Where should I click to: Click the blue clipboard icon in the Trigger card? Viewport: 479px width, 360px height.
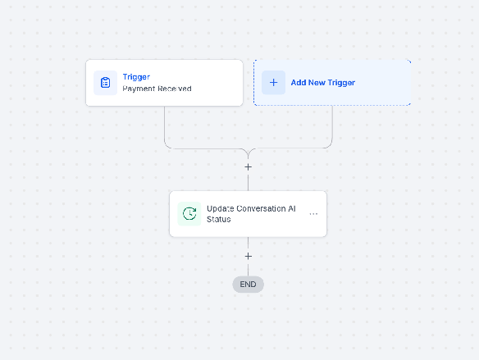pyautogui.click(x=105, y=83)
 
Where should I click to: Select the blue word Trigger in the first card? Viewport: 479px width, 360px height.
pyautogui.click(x=136, y=77)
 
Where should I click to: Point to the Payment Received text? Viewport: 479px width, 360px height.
pyautogui.click(x=157, y=89)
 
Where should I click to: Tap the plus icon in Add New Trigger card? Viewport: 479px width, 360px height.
pyautogui.click(x=273, y=83)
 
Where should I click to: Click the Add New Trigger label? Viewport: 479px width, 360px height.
pyautogui.click(x=323, y=83)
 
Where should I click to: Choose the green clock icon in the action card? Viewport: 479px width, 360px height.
pyautogui.click(x=189, y=213)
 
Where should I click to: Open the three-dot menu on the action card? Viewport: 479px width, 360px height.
pyautogui.click(x=313, y=214)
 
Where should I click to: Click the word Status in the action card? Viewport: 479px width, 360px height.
pyautogui.click(x=219, y=219)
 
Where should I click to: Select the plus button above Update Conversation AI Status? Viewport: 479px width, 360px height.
pyautogui.click(x=248, y=167)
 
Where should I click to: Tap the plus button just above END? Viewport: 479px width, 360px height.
pyautogui.click(x=248, y=256)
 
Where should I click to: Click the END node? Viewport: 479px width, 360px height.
pyautogui.click(x=248, y=285)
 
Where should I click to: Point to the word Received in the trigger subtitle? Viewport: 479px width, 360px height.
pyautogui.click(x=175, y=89)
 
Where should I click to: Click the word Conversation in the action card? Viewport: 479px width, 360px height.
pyautogui.click(x=261, y=208)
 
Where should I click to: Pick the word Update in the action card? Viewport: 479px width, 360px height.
pyautogui.click(x=221, y=208)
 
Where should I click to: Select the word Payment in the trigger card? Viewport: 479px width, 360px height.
pyautogui.click(x=139, y=89)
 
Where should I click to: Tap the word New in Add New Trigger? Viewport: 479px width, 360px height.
pyautogui.click(x=317, y=83)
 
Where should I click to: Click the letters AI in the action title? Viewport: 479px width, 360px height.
pyautogui.click(x=292, y=208)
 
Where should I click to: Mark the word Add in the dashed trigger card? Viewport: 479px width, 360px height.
pyautogui.click(x=299, y=83)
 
